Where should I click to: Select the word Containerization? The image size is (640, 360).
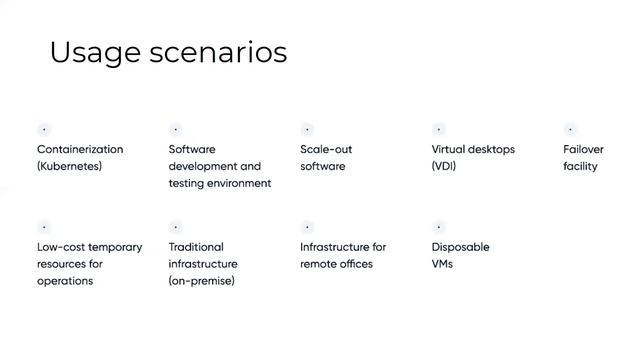(x=80, y=149)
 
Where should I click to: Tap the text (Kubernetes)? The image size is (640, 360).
(x=69, y=166)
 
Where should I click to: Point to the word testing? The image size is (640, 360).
(x=188, y=183)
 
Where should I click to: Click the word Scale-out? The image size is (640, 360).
(x=326, y=149)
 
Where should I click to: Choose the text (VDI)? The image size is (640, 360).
(x=443, y=166)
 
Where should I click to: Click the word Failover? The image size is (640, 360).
(x=583, y=149)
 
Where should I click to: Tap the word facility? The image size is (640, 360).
(x=580, y=166)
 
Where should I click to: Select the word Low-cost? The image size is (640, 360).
(x=60, y=247)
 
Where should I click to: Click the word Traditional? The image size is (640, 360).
(x=196, y=247)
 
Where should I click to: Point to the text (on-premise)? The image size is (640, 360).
(x=201, y=281)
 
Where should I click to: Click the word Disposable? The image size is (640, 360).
(x=460, y=247)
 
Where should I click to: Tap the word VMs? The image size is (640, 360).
(x=442, y=264)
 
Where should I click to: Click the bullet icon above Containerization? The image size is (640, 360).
(x=44, y=129)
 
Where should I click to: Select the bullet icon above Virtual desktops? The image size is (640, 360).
(x=438, y=129)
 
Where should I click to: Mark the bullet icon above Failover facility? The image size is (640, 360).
(x=570, y=129)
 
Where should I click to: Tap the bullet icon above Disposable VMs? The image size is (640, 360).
(x=438, y=227)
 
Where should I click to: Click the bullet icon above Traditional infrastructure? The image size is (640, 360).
(x=176, y=227)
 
